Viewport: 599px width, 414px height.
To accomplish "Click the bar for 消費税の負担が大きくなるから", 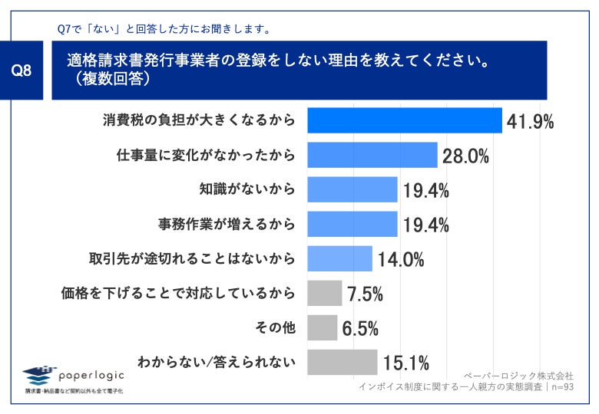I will [405, 120].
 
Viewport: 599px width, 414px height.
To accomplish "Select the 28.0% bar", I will [372, 155].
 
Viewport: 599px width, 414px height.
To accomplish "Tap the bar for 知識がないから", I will [352, 189].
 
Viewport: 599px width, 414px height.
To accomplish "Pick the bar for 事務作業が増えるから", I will [352, 224].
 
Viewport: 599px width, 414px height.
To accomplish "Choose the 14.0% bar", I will [339, 258].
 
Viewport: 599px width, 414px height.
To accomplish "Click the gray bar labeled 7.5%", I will [324, 293].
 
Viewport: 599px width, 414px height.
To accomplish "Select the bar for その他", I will [322, 327].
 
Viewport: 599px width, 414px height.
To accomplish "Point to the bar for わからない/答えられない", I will [343, 362].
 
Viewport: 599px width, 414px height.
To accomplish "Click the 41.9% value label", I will [531, 121].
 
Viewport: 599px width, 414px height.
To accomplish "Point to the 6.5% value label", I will [360, 328].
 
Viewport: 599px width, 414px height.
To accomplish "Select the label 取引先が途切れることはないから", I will [192, 258].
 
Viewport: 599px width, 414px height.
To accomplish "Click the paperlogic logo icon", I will [39, 375].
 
